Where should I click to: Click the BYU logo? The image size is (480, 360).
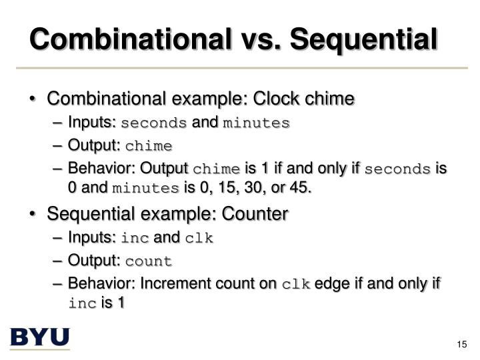tap(39, 337)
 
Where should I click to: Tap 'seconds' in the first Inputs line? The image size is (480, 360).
tap(154, 123)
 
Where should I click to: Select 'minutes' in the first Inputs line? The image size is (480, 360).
tap(257, 123)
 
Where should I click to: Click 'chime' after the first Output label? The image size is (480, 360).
tap(149, 146)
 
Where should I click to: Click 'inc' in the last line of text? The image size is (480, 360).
tap(82, 303)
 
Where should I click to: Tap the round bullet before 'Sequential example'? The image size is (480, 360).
tap(34, 215)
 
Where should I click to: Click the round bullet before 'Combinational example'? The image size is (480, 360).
tap(34, 99)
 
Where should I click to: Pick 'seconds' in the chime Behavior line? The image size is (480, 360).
tap(399, 169)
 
